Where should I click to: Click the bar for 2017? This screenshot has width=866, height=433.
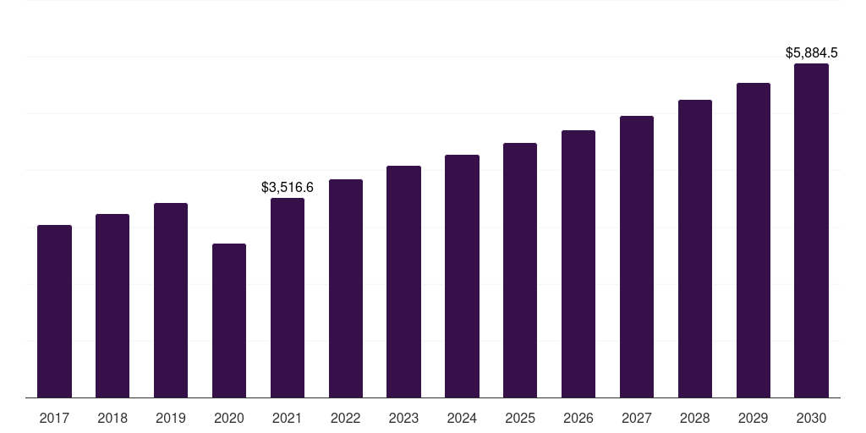tap(54, 311)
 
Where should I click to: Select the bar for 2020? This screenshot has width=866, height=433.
tap(229, 321)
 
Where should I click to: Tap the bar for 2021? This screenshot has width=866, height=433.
tap(288, 298)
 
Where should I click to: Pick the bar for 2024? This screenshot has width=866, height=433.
tap(462, 277)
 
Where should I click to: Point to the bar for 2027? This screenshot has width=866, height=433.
tap(637, 257)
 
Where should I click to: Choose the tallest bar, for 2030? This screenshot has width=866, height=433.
tap(811, 231)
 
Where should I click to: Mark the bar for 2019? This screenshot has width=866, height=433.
tap(171, 300)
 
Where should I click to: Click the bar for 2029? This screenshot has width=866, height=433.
tap(754, 240)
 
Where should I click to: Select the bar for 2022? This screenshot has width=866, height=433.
tap(346, 288)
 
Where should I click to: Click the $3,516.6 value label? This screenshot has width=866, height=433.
tap(288, 187)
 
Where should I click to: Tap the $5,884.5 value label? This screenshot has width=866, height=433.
tap(811, 53)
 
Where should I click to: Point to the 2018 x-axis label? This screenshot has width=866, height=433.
tap(112, 418)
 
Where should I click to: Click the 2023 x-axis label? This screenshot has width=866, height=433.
tap(403, 418)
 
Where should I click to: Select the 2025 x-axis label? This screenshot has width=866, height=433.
tap(520, 418)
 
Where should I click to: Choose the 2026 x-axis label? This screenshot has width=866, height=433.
tap(578, 418)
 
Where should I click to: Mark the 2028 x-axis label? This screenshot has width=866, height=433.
tap(695, 418)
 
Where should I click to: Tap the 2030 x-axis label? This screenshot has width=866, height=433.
tap(811, 418)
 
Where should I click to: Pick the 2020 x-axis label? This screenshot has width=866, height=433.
tap(229, 418)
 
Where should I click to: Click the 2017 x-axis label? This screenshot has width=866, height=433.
tap(54, 418)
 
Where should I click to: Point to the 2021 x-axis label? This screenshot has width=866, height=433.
tap(288, 418)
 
